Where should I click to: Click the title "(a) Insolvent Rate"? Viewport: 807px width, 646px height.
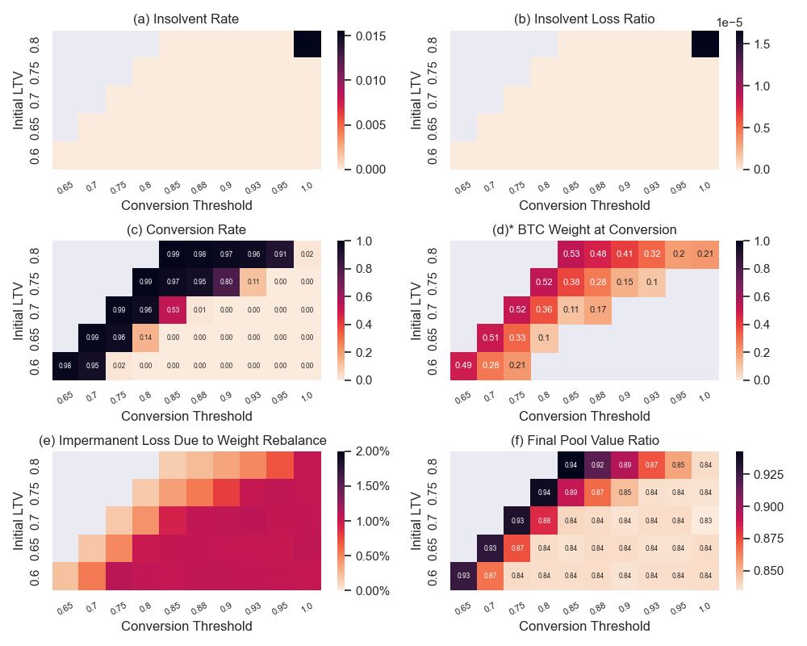pos(186,19)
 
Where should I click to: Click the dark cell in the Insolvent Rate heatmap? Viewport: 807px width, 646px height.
pos(307,44)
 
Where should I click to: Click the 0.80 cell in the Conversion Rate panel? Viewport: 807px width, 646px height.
pos(227,282)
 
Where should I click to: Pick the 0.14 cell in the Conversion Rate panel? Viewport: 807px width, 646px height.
pos(146,338)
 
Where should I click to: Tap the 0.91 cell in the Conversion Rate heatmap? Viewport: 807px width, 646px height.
pos(280,254)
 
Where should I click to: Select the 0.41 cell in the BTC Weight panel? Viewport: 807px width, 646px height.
pos(624,254)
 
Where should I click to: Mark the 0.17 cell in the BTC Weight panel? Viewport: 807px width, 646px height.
pos(597,310)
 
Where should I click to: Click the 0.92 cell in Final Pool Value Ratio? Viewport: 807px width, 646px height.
pos(597,465)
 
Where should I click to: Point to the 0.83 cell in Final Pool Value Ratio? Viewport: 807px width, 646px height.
pos(705,521)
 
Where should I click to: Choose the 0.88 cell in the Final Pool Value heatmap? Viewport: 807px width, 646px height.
pos(544,521)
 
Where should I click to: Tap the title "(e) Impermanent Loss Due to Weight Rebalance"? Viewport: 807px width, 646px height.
pos(182,440)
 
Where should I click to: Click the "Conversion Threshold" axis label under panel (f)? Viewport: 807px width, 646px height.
pos(584,626)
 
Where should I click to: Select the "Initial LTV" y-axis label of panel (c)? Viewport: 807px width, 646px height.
pos(19,310)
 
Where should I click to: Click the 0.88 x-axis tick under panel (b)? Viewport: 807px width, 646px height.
pos(597,188)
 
